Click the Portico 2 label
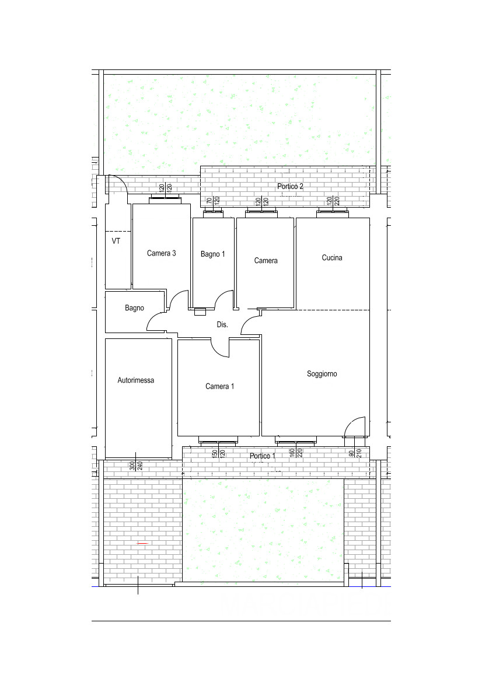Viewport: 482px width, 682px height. coord(290,186)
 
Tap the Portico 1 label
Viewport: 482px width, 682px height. coord(263,456)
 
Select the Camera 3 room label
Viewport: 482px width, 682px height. coord(162,253)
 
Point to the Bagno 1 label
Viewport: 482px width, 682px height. coord(213,254)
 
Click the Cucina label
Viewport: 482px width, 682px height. coord(332,257)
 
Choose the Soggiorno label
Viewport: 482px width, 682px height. coord(322,373)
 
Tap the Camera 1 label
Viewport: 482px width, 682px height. coord(219,386)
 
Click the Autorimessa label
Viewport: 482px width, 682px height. coord(136,380)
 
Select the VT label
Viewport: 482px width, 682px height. coord(116,241)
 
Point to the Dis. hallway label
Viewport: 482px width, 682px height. coord(222,324)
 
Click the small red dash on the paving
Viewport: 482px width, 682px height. coord(143,543)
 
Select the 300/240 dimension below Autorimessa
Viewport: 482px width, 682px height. coord(136,466)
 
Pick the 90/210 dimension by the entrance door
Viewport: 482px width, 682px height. coord(355,453)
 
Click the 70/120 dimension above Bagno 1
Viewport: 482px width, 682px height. coord(213,201)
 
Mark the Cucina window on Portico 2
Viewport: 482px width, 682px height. coord(333,213)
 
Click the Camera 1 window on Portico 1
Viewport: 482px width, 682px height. coord(218,441)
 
